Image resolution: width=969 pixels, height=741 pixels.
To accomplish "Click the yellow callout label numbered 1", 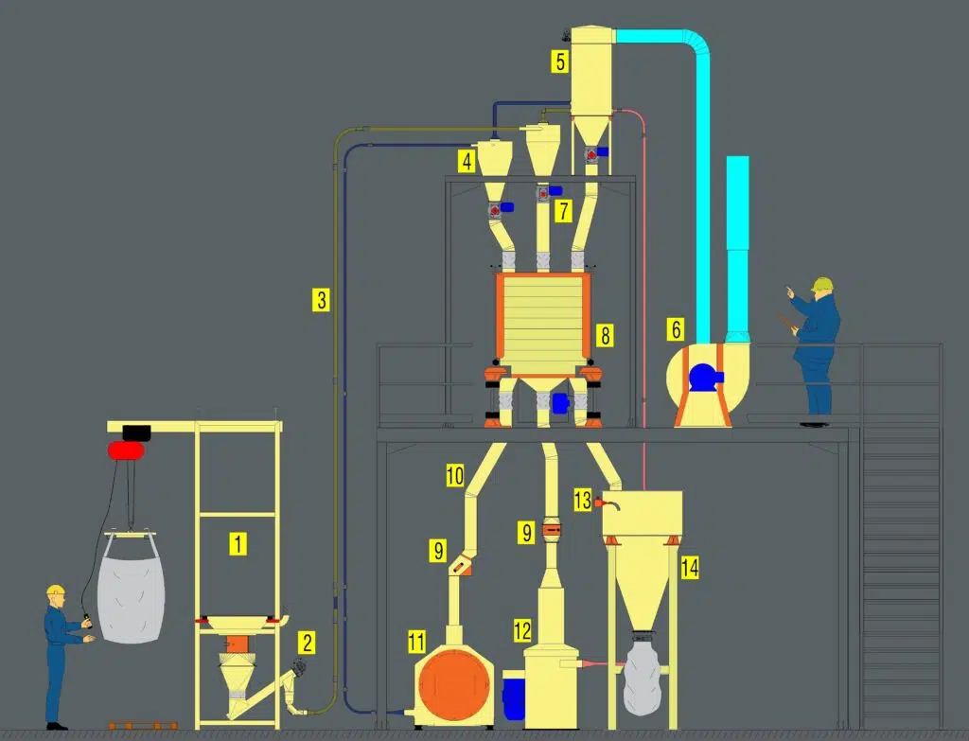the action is click(x=238, y=544).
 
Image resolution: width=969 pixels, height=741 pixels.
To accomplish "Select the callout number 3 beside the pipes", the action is click(x=321, y=300).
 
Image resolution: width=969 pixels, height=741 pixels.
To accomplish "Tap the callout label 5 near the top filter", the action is click(x=560, y=62).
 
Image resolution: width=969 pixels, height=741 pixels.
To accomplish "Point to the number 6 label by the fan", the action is click(x=676, y=329).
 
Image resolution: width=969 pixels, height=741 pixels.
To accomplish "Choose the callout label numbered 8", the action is click(x=605, y=336).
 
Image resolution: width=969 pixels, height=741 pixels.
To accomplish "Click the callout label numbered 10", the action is click(x=455, y=476).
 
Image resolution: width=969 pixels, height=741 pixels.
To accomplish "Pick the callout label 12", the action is click(x=522, y=631).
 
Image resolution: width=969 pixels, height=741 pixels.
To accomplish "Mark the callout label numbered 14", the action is click(x=690, y=568).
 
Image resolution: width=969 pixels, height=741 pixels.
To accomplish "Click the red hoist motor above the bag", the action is click(x=126, y=450).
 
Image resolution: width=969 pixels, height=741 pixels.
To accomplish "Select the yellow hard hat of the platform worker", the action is click(x=822, y=284).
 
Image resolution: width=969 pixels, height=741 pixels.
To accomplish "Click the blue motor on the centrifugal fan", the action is click(x=704, y=377).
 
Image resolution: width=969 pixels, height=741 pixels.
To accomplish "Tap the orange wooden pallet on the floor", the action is click(x=144, y=726).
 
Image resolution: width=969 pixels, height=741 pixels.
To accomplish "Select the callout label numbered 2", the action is click(x=308, y=643).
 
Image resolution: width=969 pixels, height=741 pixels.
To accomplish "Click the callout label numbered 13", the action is click(x=583, y=500).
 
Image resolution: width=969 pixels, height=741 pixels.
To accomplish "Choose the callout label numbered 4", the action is click(x=467, y=162).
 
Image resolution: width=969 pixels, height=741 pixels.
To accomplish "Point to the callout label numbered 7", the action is click(x=563, y=211).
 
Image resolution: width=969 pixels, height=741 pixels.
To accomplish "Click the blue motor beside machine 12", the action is click(x=513, y=696).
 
